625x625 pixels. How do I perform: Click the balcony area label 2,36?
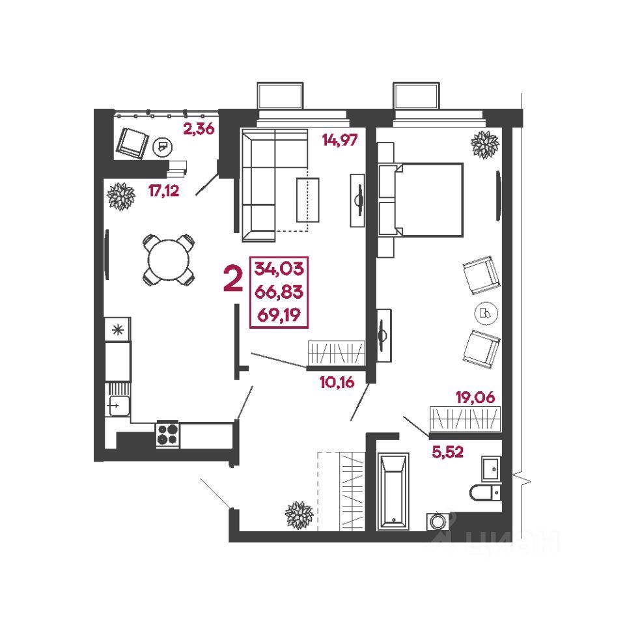(x=199, y=129)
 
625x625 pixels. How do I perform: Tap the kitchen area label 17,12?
(x=164, y=191)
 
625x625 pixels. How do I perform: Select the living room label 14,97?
(x=340, y=141)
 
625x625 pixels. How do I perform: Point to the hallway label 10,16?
(x=337, y=383)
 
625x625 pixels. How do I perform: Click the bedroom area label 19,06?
(x=475, y=397)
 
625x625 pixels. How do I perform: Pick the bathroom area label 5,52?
(x=448, y=452)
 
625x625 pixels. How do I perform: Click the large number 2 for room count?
(x=234, y=279)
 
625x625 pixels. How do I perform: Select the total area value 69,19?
(x=279, y=315)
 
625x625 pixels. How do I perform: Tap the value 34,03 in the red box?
(x=279, y=268)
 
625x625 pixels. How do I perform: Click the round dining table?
(x=169, y=260)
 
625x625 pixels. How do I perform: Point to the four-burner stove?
(x=167, y=434)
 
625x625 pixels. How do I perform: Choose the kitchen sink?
(x=118, y=406)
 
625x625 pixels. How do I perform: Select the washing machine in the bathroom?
(x=438, y=521)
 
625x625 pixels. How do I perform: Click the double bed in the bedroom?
(x=422, y=200)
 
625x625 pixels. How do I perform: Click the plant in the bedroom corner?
(x=484, y=145)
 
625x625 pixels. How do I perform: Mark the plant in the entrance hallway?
(x=299, y=514)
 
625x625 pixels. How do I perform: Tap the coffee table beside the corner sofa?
(x=308, y=200)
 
